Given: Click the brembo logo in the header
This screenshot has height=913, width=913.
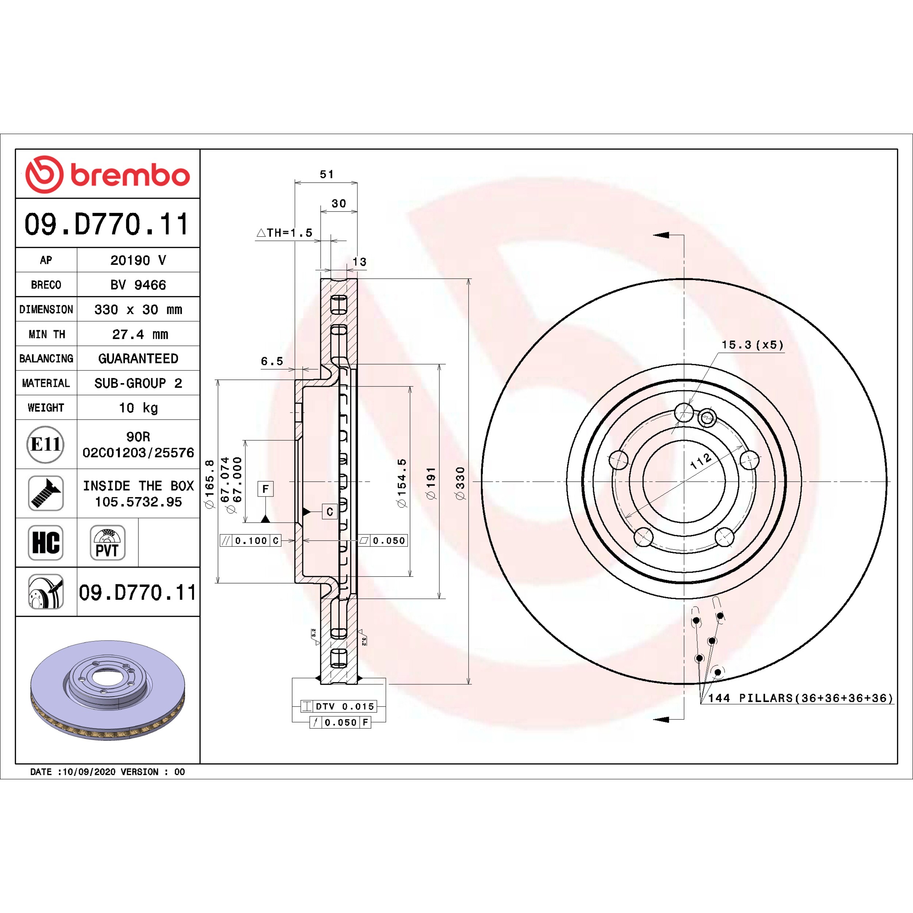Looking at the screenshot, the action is [x=108, y=174].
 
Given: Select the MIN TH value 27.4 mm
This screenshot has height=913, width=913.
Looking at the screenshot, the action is [x=140, y=334].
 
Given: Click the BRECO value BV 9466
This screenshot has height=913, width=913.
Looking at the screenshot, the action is [x=138, y=284].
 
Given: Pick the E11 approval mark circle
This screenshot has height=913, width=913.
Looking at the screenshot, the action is [x=45, y=444].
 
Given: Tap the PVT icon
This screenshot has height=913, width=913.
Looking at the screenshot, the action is [x=107, y=543].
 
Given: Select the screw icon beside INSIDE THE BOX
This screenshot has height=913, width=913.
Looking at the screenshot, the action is [x=46, y=493].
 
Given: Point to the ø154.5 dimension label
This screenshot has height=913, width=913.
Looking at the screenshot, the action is [x=402, y=483].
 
